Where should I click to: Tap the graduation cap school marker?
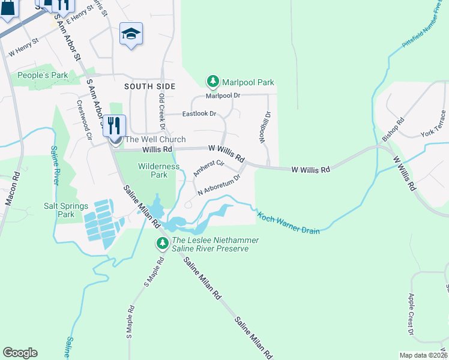pos(130,34)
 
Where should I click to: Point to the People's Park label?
pos(43,76)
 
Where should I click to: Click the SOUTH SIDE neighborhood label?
pos(149,86)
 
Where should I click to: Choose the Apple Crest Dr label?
pos(411,313)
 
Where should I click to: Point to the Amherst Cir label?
pos(208,168)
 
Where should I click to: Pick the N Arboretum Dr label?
pos(219,185)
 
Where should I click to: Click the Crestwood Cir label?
pos(83,119)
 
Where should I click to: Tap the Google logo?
pos(20,353)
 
